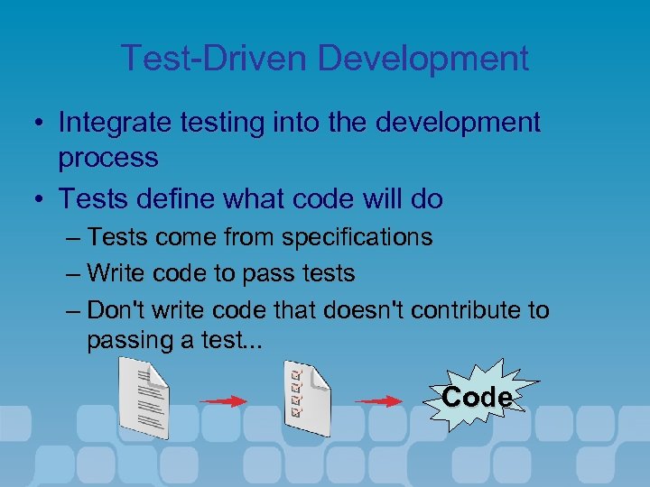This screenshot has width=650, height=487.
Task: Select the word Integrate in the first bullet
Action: pyautogui.click(x=113, y=122)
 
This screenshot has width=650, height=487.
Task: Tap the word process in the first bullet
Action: pyautogui.click(x=108, y=158)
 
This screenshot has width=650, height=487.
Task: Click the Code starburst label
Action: pyautogui.click(x=478, y=397)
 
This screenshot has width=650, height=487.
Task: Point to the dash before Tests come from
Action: pyautogui.click(x=75, y=239)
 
